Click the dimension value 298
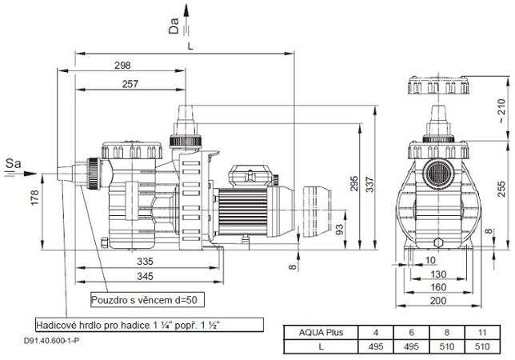point(122,66)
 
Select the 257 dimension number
point(122,83)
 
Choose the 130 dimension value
point(437,274)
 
